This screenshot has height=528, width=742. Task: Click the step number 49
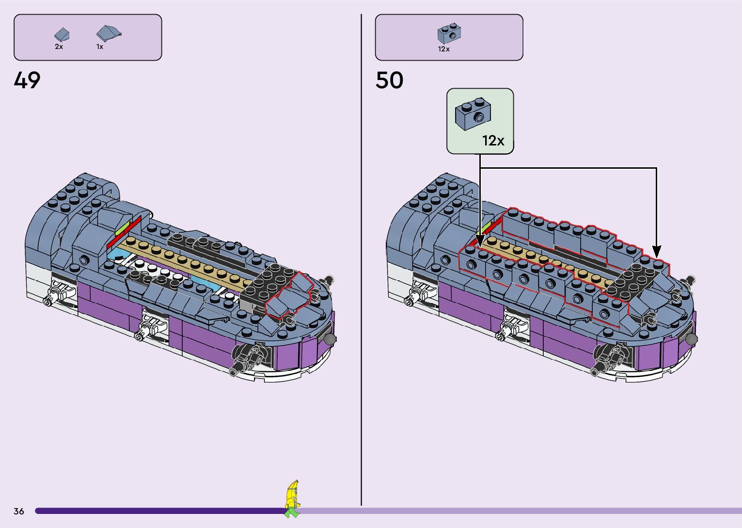click(27, 80)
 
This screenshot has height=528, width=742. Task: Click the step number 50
click(389, 80)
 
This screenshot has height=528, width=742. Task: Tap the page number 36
click(19, 511)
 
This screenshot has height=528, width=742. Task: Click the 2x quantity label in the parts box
click(59, 47)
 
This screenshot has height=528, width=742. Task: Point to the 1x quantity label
click(100, 47)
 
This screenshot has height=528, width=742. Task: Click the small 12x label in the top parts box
click(444, 49)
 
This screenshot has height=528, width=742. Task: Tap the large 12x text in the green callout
click(493, 141)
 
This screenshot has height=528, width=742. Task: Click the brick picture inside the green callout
click(473, 113)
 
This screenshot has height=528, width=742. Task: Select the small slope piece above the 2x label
click(62, 34)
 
